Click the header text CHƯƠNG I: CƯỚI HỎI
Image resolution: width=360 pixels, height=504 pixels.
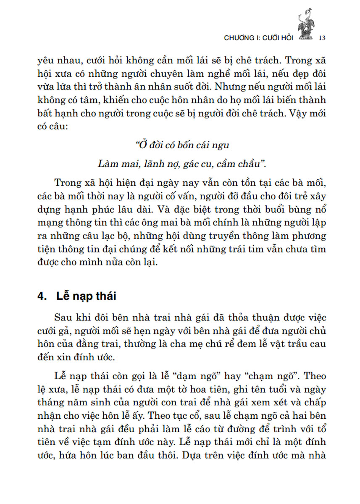[259, 37]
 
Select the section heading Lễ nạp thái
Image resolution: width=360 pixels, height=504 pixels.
[86, 296]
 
